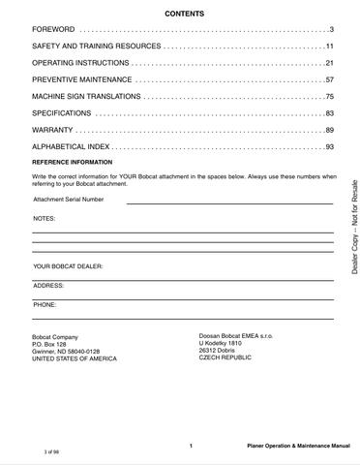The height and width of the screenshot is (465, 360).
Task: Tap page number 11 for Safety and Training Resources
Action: [x=328, y=47]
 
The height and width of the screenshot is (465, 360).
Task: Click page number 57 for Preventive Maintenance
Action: [x=328, y=79]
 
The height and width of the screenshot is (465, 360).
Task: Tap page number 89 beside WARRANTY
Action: [x=328, y=130]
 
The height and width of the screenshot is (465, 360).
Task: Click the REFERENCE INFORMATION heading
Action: [x=73, y=162]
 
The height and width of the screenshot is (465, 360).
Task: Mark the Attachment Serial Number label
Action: [x=69, y=200]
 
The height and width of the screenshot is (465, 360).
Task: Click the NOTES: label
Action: [x=45, y=220]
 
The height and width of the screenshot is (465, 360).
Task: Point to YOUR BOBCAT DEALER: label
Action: [x=68, y=265]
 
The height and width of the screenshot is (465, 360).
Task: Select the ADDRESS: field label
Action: [x=48, y=286]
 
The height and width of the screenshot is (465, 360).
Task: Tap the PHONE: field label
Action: [x=45, y=304]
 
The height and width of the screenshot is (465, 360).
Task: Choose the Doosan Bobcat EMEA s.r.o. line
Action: [x=235, y=335]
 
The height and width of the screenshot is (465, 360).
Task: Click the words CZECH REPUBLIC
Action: [x=225, y=357]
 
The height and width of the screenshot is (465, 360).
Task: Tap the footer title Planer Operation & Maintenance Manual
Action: [x=297, y=445]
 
